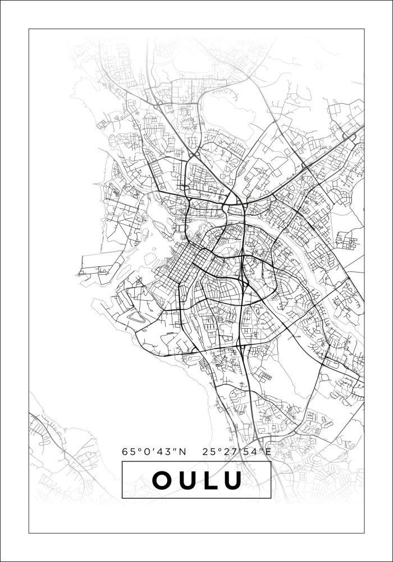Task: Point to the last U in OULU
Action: click(232, 480)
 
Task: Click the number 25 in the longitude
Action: click(209, 451)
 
